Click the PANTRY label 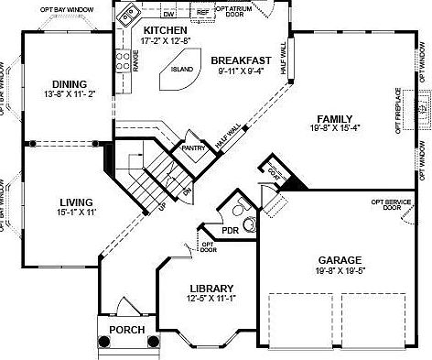(x=192, y=147)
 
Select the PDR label (x=230, y=230)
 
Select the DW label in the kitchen (x=167, y=16)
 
